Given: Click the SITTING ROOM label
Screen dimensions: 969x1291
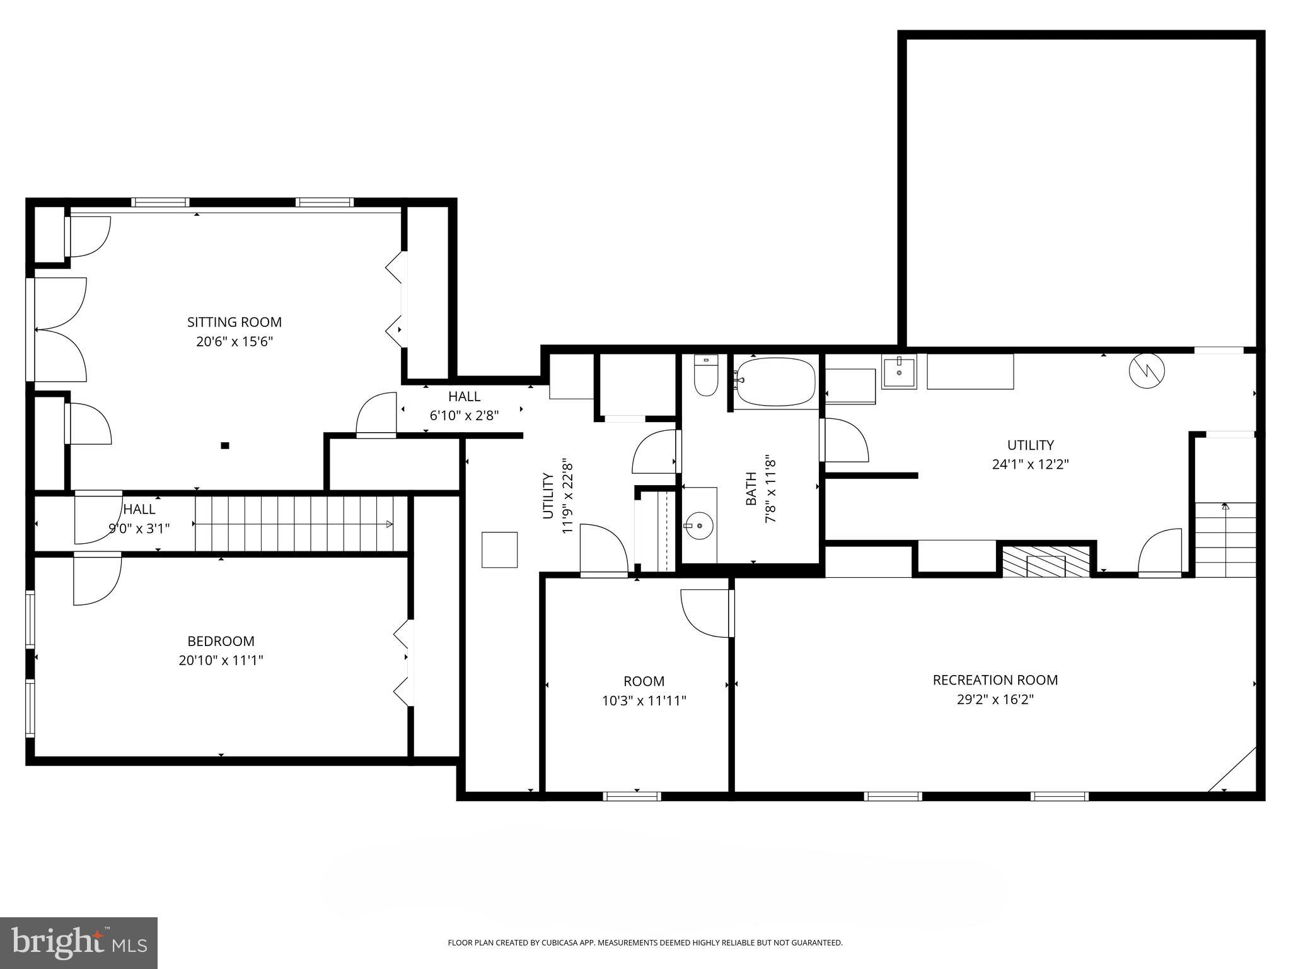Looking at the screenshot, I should pos(234,322).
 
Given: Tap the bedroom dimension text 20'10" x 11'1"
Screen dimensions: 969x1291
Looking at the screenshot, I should pos(221,661).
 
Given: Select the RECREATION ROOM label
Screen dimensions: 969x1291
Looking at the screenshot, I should pos(995,680).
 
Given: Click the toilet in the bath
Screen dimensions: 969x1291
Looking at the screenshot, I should pos(706,376).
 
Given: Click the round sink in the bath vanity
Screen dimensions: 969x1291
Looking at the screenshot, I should pos(699,525).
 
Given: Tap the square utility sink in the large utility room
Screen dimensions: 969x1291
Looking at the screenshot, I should pos(898,372).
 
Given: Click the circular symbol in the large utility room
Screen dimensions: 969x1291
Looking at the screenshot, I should pos(1147,370).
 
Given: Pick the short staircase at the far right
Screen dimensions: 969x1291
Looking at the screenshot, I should pos(1225,540).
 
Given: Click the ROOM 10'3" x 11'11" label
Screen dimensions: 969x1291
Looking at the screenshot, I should pos(644,691).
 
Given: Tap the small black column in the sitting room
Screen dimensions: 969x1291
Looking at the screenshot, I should pos(225,445).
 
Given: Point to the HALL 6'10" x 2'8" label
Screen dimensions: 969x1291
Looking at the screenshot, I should pos(464,406).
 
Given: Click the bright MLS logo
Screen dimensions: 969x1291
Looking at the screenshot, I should pos(78,944).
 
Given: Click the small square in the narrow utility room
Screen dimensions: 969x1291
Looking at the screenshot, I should pos(499,549).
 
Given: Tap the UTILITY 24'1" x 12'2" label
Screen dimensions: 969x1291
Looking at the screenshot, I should pos(1030,454).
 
